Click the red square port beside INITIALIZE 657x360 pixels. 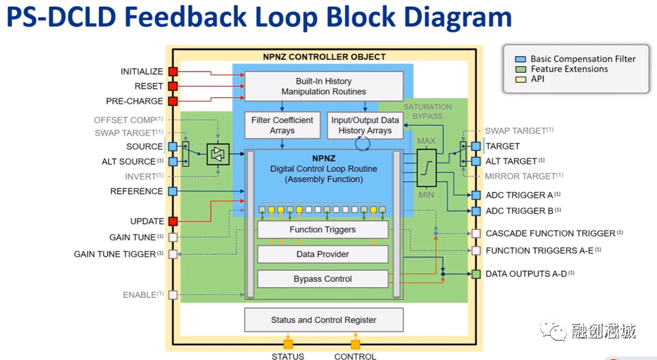[173, 71]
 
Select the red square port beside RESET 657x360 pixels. [173, 86]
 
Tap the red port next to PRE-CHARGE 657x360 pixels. [173, 101]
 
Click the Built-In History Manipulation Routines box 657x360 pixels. [323, 86]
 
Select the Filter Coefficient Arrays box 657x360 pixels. [282, 125]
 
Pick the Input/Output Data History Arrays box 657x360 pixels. [365, 125]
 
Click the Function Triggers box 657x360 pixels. [322, 230]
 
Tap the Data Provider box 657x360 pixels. [322, 254]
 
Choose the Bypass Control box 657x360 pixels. [322, 278]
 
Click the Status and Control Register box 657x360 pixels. [323, 320]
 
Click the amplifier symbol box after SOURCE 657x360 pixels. [217, 154]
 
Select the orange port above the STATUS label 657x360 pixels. [288, 344]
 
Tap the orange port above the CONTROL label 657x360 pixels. [355, 344]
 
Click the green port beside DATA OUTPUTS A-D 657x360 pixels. [476, 274]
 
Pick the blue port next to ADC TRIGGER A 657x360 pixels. [476, 196]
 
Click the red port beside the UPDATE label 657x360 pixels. [173, 221]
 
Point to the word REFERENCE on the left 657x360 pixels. [136, 191]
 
